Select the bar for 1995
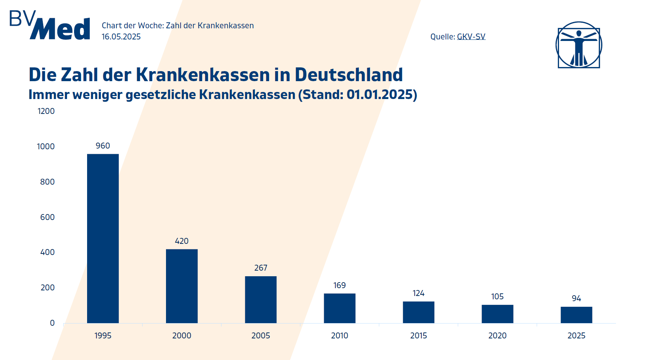(103, 238)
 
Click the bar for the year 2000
(182, 286)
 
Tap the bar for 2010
(339, 308)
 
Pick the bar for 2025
(576, 315)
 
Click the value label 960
(103, 146)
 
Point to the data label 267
(261, 268)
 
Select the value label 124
(418, 293)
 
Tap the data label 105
(497, 297)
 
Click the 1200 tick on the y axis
(46, 111)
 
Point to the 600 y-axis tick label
(47, 217)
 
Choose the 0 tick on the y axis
(52, 323)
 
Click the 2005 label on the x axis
(261, 336)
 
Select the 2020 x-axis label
(497, 336)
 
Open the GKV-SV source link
(471, 36)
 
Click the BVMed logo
(50, 25)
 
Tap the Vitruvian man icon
(579, 45)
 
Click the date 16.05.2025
(121, 36)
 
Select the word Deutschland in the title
(349, 75)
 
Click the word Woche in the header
(150, 26)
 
